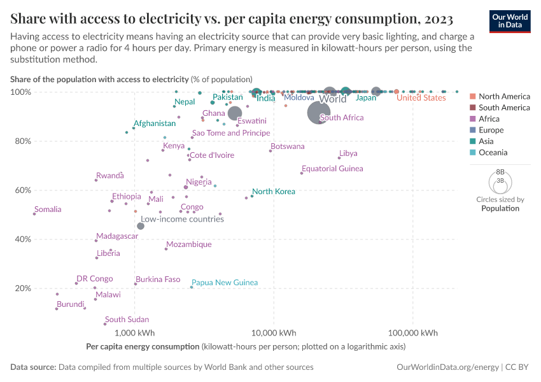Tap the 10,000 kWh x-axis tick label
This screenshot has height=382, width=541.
click(274, 333)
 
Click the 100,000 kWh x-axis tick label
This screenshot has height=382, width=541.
click(412, 333)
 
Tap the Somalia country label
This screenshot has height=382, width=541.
click(48, 209)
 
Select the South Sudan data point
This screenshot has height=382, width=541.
click(105, 324)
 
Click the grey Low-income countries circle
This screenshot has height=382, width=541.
click(141, 226)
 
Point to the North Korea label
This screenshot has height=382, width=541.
click(274, 192)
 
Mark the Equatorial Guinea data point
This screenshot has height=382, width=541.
click(302, 173)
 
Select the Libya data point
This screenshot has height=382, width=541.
click(339, 158)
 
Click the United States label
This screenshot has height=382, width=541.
click(421, 98)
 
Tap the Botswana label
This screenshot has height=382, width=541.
click(288, 146)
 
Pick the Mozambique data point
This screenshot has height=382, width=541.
click(166, 249)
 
